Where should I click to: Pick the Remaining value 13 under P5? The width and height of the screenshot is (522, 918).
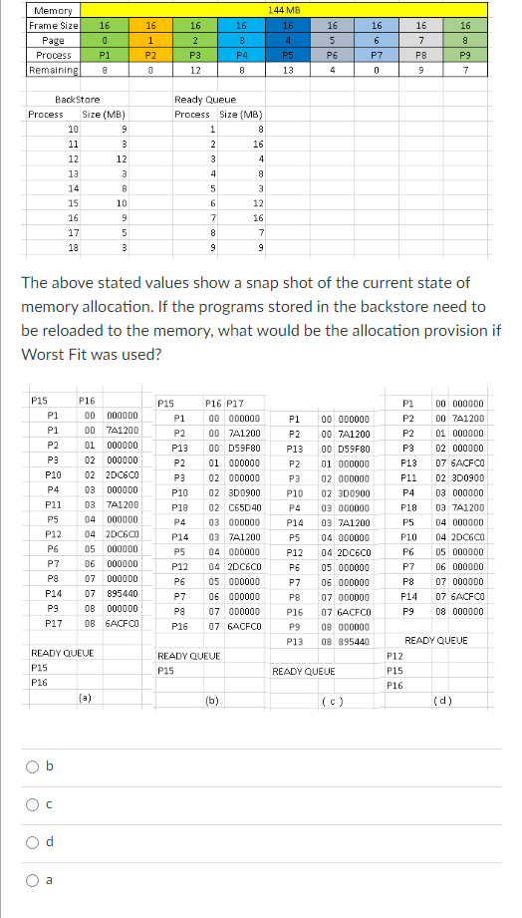pos(287,70)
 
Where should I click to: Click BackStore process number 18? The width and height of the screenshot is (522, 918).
pos(73,246)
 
